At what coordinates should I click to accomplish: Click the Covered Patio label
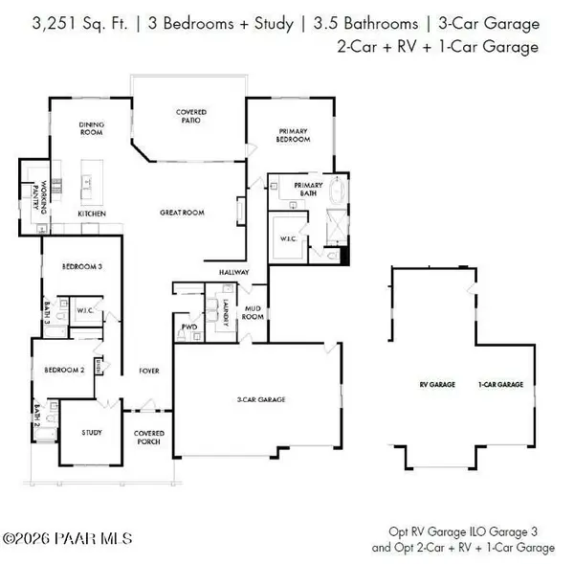coord(191,116)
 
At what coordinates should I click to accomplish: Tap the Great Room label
coord(182,213)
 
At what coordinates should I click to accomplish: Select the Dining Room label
coord(92,128)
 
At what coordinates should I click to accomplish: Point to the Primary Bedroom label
coord(293,135)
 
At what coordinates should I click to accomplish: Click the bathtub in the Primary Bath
coord(337,191)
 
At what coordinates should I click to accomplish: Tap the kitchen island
coord(92,182)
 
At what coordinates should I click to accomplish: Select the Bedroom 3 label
coord(82,266)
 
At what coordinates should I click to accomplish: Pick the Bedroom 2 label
coord(64,371)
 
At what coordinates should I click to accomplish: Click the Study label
coord(92,433)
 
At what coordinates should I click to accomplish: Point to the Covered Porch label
coord(149,438)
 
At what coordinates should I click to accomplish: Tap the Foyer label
coord(149,371)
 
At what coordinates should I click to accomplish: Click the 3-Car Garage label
coord(261,399)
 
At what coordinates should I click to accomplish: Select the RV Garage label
coord(437,384)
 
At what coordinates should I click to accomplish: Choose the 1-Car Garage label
coord(500,384)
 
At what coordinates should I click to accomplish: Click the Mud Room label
coord(253,312)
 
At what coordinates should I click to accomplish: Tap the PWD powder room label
coord(189,327)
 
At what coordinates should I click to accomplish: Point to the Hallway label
coord(234,272)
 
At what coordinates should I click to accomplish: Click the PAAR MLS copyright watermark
coord(67,539)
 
